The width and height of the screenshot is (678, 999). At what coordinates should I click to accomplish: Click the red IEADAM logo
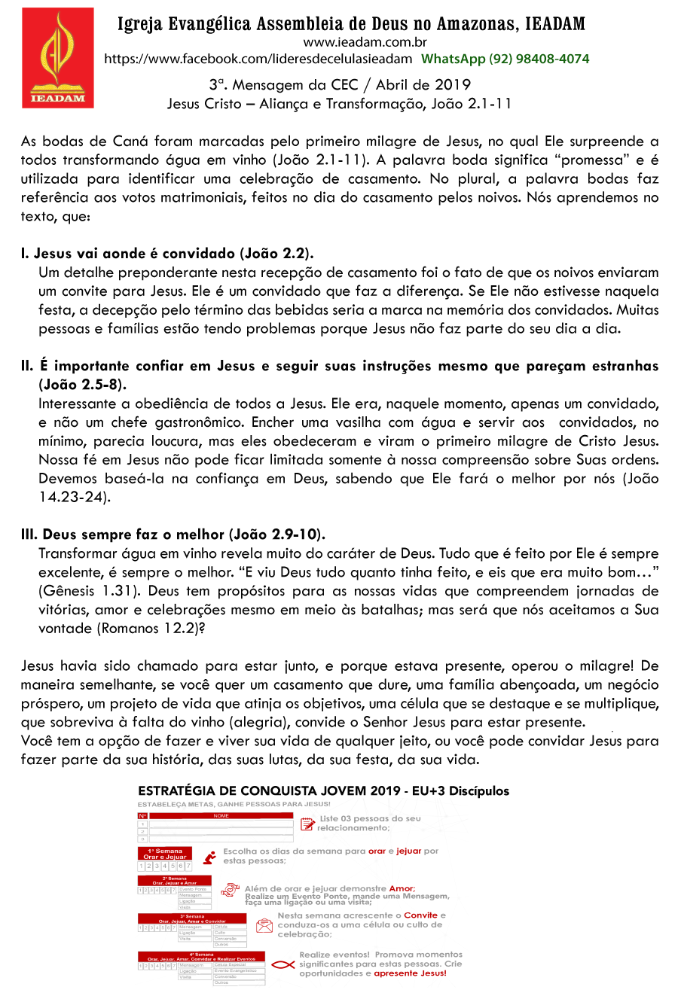tap(58, 58)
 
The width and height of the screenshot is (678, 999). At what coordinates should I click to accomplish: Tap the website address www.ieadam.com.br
tap(365, 43)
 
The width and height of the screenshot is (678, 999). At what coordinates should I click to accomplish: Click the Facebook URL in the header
tap(258, 59)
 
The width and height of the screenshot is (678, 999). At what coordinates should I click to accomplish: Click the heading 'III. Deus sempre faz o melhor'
tap(173, 535)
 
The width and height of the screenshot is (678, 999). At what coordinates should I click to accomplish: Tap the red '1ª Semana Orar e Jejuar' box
tap(165, 854)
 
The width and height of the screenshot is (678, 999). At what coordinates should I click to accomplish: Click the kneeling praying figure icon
tap(209, 857)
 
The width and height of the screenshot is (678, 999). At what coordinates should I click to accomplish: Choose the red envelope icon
tap(264, 925)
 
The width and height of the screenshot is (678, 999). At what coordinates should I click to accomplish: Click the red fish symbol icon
tap(282, 964)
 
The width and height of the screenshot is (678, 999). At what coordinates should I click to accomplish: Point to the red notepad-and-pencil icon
tap(307, 824)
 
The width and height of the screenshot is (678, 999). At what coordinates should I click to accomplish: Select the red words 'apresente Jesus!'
tap(410, 973)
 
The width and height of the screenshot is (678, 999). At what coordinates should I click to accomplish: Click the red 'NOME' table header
tap(221, 816)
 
